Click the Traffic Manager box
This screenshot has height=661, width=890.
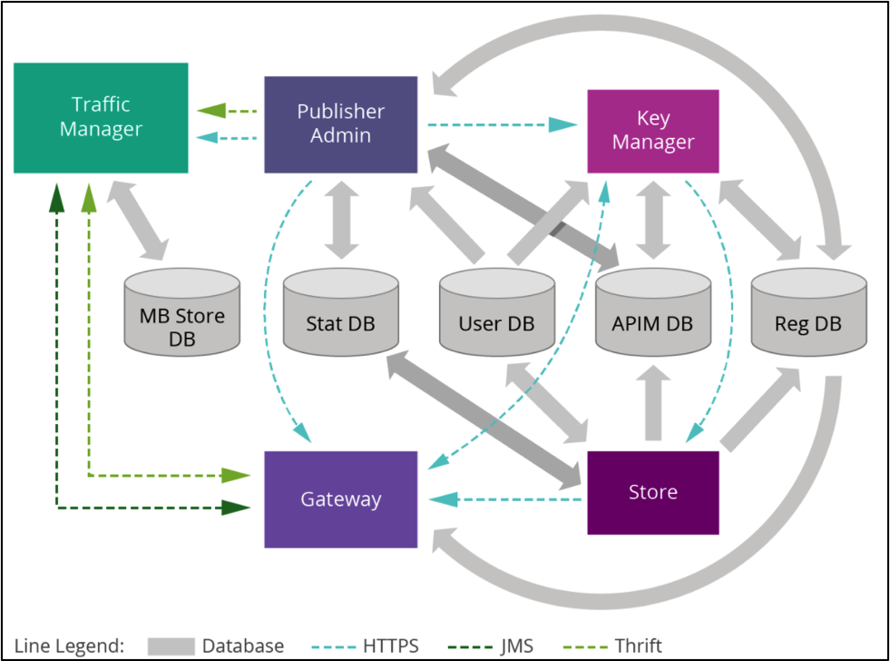tap(101, 118)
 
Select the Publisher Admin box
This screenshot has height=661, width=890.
tap(341, 123)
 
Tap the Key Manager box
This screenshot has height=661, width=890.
tap(653, 131)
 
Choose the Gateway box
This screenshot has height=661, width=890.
tap(341, 499)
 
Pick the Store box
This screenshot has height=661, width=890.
tap(653, 492)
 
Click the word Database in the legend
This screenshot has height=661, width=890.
tap(243, 646)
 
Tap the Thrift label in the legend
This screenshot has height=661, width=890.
tap(639, 646)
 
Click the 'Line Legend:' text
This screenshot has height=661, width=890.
tap(69, 646)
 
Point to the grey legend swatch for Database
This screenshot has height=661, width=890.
tap(170, 646)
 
